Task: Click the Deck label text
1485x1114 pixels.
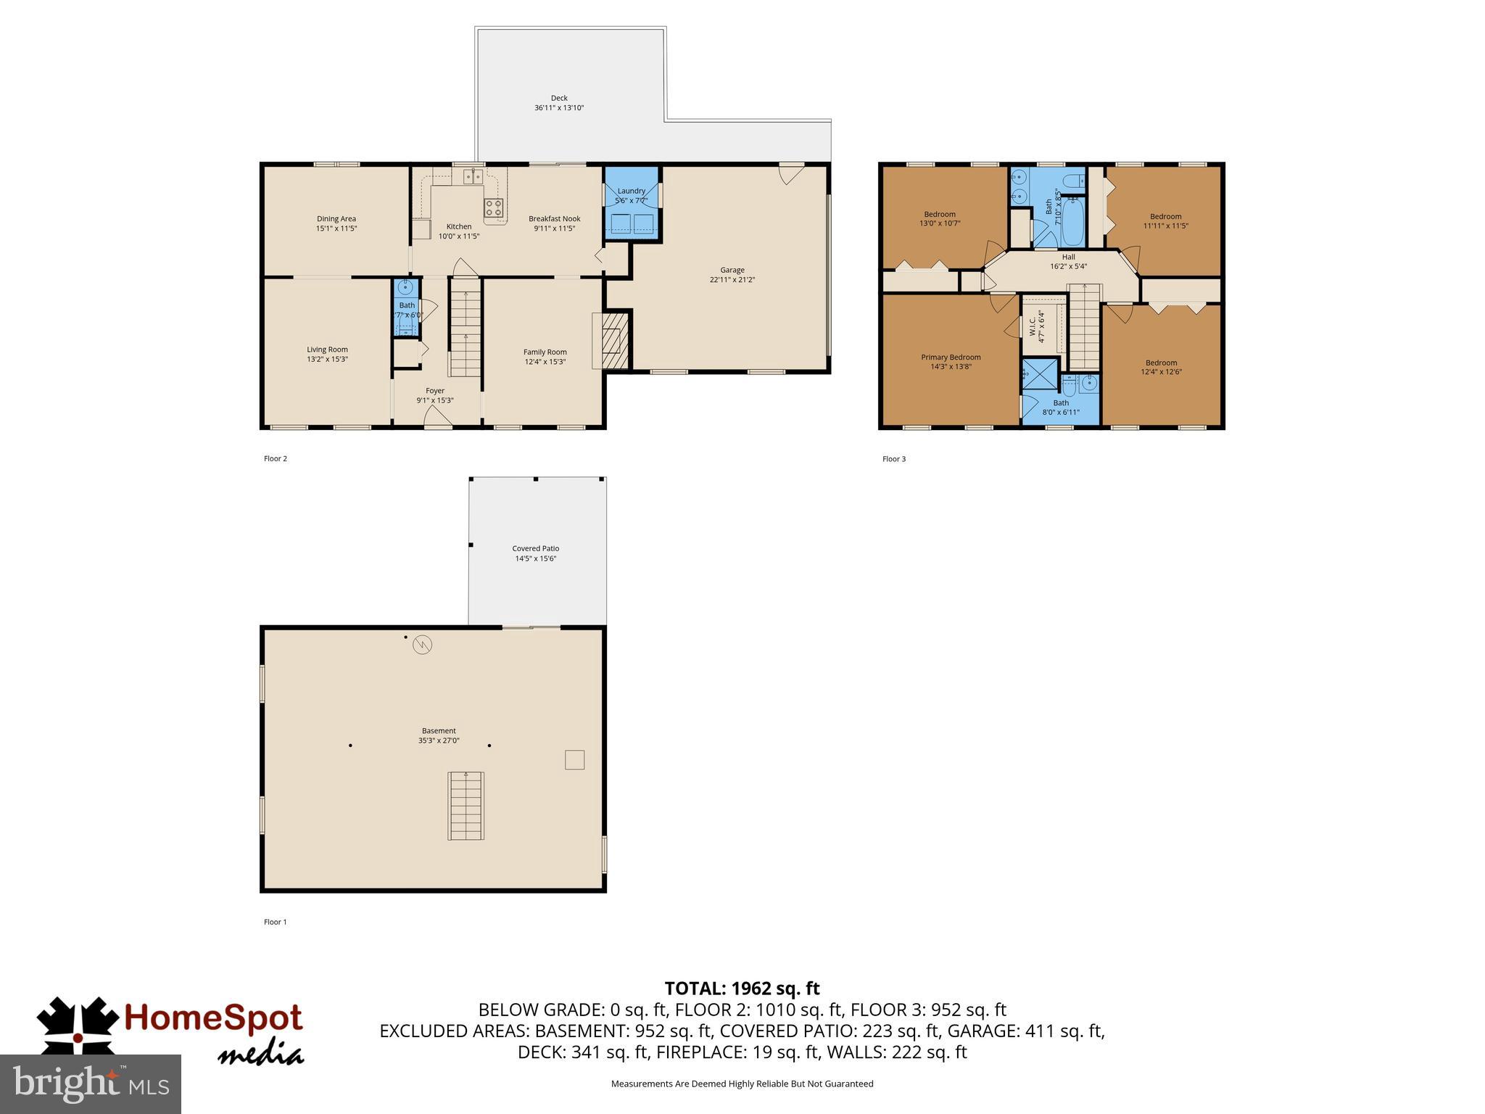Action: coord(558,98)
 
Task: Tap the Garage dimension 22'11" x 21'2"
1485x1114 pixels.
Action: coord(732,280)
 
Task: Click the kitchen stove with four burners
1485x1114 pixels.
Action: coord(494,207)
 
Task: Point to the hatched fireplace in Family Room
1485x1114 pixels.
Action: coord(613,341)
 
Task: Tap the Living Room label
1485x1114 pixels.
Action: coord(327,350)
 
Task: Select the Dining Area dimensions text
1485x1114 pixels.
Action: coord(336,228)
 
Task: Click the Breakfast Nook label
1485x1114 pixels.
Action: coord(554,218)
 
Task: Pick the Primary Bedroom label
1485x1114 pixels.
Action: coord(951,357)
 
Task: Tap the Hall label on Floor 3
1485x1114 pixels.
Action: coord(1068,257)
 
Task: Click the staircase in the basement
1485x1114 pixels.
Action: coord(466,806)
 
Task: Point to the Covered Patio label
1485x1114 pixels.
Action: coord(535,548)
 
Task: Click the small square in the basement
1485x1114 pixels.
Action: coord(574,759)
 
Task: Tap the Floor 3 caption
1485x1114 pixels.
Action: coord(893,459)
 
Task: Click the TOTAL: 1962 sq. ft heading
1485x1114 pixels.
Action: coord(742,989)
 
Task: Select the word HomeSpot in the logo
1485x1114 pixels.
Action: coord(213,1018)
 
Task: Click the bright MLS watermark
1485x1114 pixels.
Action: coord(91,1084)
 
